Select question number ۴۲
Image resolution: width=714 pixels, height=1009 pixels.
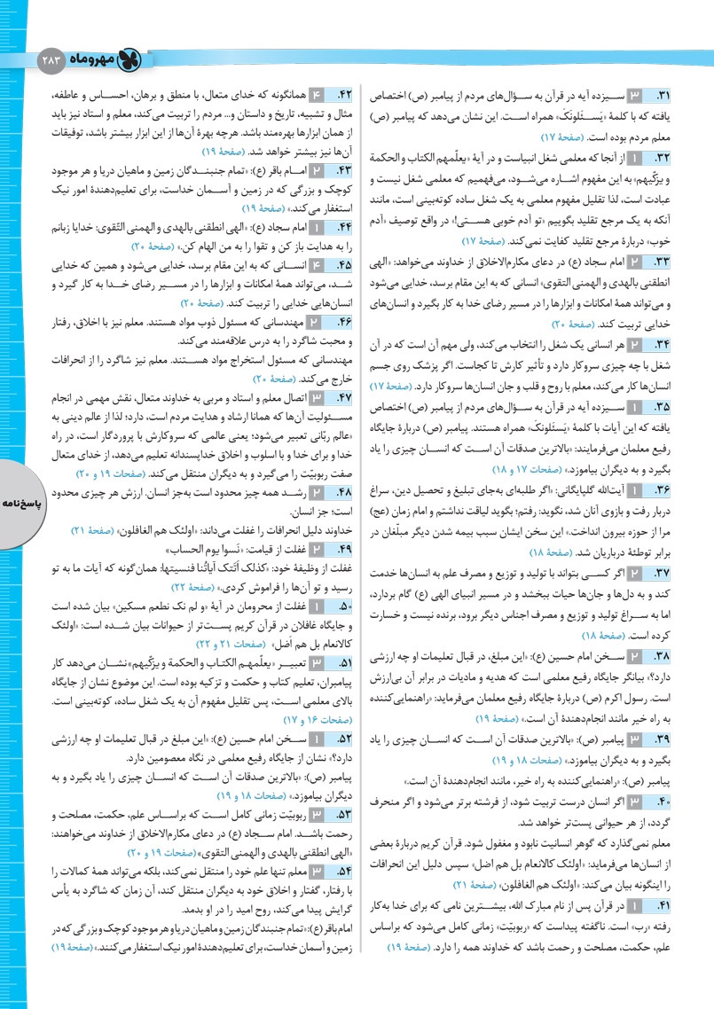[x=342, y=93]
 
